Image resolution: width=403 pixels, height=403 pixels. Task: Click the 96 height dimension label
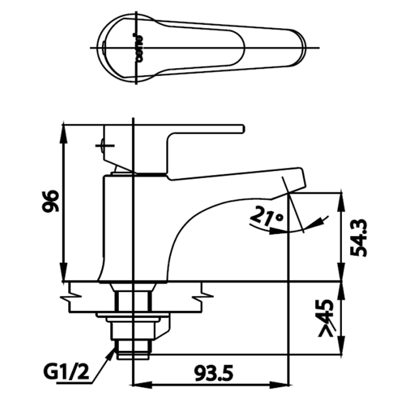(50, 200)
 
